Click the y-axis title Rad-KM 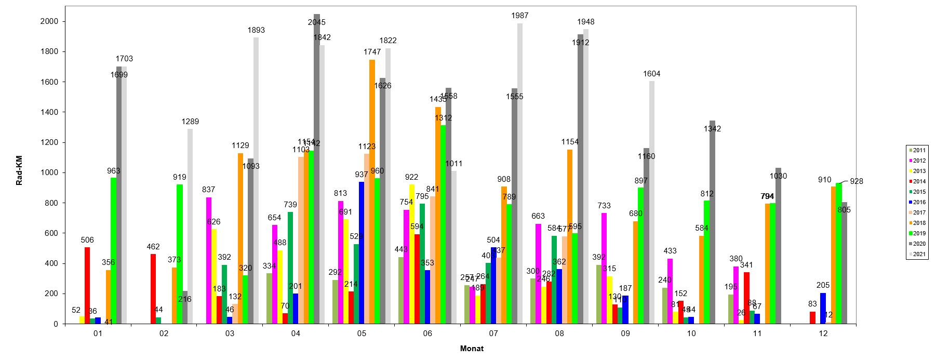(x=19, y=165)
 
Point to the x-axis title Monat (x=472, y=349)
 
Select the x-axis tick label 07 (x=493, y=334)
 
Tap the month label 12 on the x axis (x=823, y=334)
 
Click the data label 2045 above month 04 (x=316, y=22)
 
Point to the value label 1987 (x=519, y=16)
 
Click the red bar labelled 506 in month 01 (x=87, y=286)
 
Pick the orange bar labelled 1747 (x=372, y=192)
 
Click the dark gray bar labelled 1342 (x=712, y=223)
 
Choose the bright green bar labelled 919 (x=179, y=255)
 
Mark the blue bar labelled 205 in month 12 (x=823, y=309)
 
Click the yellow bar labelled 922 (x=412, y=255)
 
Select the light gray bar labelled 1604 (x=651, y=203)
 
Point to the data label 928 (x=857, y=181)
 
